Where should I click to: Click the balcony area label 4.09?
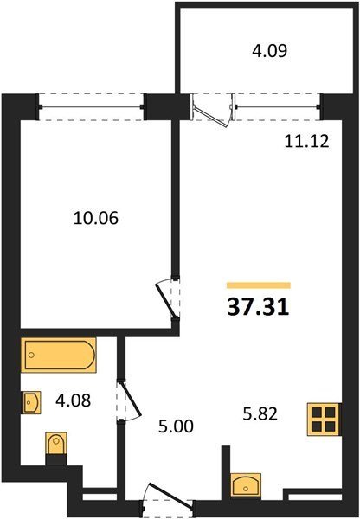click(x=269, y=51)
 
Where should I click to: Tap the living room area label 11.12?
click(x=306, y=141)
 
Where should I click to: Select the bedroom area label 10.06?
click(x=96, y=219)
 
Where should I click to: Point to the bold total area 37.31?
click(x=259, y=307)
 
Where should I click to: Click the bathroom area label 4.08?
click(x=74, y=400)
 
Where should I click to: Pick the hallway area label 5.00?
click(x=176, y=426)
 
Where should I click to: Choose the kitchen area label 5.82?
click(x=260, y=413)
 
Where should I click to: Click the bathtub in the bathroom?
click(x=58, y=355)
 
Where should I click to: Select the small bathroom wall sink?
click(x=31, y=402)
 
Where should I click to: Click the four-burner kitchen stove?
click(x=324, y=419)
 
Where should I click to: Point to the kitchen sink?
click(x=246, y=485)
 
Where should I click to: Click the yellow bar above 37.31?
click(x=259, y=285)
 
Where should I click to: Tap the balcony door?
click(x=213, y=110)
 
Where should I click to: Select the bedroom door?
click(x=168, y=298)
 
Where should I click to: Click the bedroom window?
click(x=91, y=107)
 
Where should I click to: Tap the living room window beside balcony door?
click(x=278, y=107)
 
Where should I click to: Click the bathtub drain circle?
click(x=31, y=355)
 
